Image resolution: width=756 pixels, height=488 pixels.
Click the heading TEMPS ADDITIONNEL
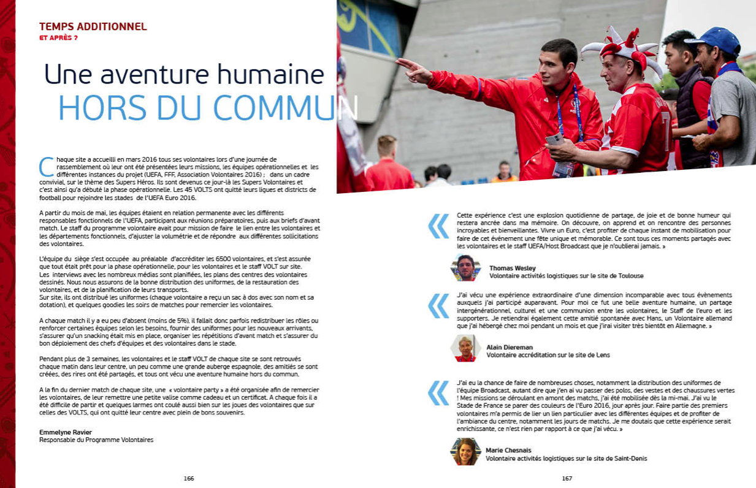pyautogui.click(x=93, y=27)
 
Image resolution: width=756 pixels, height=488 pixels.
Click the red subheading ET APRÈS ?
pyautogui.click(x=58, y=37)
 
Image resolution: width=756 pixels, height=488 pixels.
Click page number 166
pyautogui.click(x=188, y=478)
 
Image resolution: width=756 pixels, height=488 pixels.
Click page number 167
pyautogui.click(x=567, y=478)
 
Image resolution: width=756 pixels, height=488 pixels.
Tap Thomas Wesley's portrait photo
pyautogui.click(x=466, y=268)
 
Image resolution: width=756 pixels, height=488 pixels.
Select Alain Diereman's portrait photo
pyautogui.click(x=465, y=348)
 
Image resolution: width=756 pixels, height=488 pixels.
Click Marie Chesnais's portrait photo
pyautogui.click(x=465, y=451)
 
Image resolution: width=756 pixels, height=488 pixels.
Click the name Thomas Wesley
pyautogui.click(x=513, y=268)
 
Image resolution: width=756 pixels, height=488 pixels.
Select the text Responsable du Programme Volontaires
pyautogui.click(x=96, y=440)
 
